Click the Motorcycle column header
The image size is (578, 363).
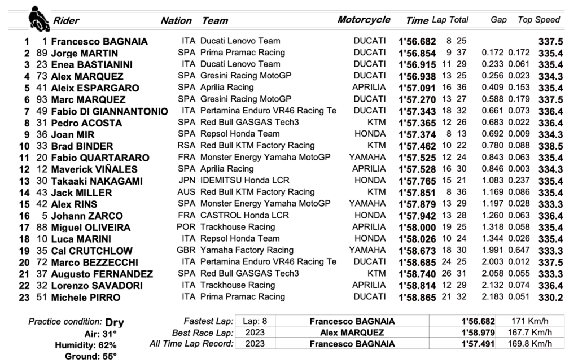(364, 20)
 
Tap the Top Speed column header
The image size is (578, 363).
(538, 20)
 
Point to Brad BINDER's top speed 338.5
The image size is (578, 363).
(550, 146)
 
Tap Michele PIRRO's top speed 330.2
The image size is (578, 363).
(550, 298)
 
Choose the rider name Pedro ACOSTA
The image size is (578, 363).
(81, 123)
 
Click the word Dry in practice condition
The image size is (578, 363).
(115, 323)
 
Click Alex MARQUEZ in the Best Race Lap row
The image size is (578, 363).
(352, 333)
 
